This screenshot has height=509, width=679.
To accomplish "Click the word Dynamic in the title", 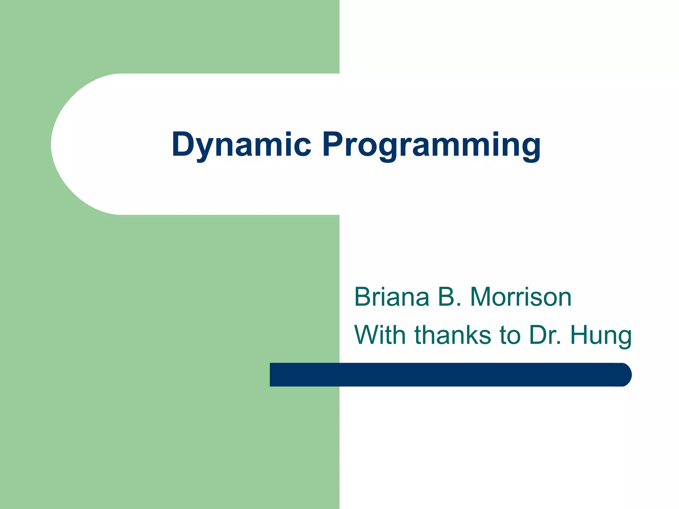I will coord(241,144).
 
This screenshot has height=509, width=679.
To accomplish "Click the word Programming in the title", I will coord(431,144).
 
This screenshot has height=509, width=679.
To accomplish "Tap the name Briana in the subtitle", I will coord(392,297).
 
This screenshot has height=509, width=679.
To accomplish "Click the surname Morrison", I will coord(521,297).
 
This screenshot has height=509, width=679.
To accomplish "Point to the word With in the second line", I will coord(380,335).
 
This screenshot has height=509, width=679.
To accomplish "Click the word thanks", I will coord(453,335).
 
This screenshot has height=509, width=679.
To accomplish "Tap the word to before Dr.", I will coord(510,335).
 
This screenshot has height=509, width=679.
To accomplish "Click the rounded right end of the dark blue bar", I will coord(625,375).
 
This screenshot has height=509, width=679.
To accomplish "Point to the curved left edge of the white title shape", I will coord(53,144).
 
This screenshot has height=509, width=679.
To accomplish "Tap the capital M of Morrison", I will coord(482,297).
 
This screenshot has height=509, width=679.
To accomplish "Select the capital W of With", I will coord(367,335).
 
